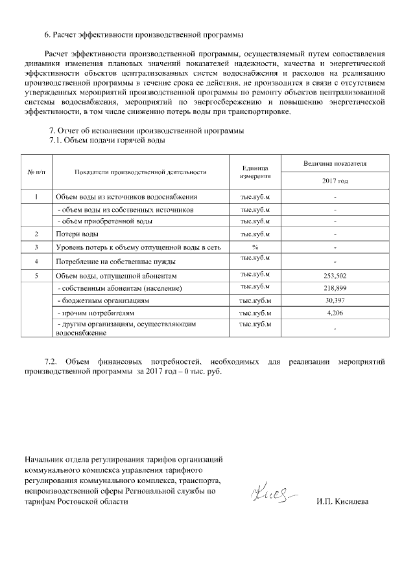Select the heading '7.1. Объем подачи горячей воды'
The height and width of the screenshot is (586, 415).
(x=107, y=141)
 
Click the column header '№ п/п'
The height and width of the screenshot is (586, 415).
(x=36, y=172)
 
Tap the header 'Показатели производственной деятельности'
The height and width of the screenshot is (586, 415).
(x=140, y=172)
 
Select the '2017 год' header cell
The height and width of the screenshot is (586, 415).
(x=335, y=181)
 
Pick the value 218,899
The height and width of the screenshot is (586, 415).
(x=335, y=287)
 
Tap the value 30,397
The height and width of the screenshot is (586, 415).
(x=335, y=300)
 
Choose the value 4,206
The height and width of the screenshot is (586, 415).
(x=335, y=313)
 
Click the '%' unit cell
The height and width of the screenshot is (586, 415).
(x=255, y=247)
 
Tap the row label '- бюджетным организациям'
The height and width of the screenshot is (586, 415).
(x=104, y=301)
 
